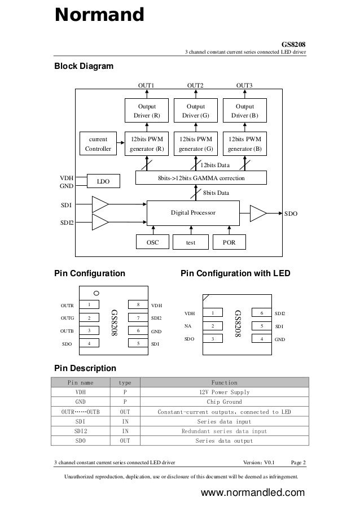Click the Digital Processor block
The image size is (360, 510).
[193, 212]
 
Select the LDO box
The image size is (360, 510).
[103, 181]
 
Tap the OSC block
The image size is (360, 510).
[152, 242]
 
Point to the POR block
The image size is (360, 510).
[229, 242]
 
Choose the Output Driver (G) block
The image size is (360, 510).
[196, 111]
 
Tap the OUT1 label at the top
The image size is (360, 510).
[147, 85]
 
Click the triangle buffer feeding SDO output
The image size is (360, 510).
[257, 213]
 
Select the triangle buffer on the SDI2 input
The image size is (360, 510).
[99, 222]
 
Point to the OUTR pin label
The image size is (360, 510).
[67, 305]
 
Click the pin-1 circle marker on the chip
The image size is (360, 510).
[97, 293]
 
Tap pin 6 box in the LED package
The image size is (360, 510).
[261, 313]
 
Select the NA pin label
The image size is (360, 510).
[188, 326]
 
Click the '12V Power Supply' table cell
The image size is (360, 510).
[225, 392]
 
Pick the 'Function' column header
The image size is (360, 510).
[225, 382]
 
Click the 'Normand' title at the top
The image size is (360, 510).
[99, 15]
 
